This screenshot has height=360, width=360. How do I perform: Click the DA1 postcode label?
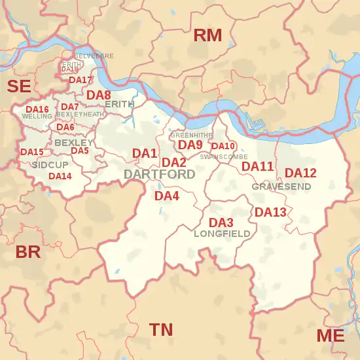point(145,153)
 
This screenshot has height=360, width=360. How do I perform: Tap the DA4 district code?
point(166,196)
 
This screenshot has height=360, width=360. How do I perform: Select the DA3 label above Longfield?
point(221,223)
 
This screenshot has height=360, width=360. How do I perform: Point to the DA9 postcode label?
point(190,145)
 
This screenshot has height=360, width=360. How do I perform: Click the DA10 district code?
point(223,146)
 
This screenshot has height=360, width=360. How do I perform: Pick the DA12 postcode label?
point(300,173)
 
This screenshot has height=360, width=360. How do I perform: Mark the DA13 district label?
point(270,212)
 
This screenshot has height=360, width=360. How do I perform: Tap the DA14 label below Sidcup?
point(60,176)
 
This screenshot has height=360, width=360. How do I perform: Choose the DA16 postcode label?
point(37,109)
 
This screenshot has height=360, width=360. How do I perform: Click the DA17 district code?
point(81,81)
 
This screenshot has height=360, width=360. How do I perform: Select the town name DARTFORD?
point(159,175)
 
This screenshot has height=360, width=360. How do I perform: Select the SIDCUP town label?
point(50,164)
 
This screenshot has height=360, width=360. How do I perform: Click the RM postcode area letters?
point(207,35)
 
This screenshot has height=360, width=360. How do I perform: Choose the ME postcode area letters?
point(330,336)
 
